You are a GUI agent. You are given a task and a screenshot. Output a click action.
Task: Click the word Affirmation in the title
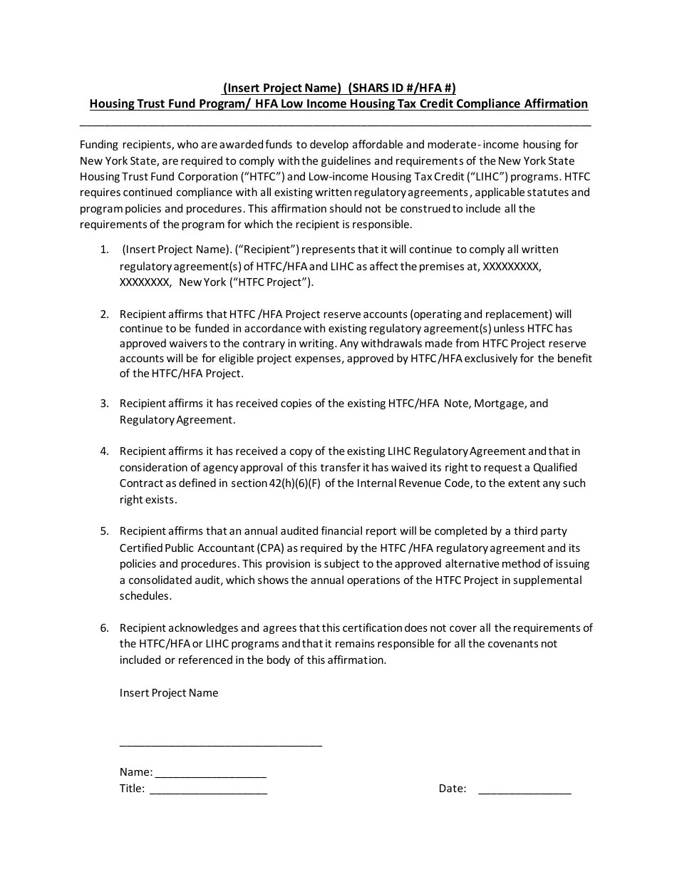(x=556, y=104)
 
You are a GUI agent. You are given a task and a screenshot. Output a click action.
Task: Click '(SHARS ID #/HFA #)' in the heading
(x=401, y=88)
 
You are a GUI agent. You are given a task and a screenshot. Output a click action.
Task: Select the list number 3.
(x=104, y=404)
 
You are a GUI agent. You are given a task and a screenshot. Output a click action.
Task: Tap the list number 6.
(x=104, y=628)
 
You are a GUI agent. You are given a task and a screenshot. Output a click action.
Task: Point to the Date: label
(x=453, y=789)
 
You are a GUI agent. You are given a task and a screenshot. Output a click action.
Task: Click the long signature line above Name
(x=220, y=744)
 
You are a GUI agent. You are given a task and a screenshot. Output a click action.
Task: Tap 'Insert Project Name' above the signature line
(x=169, y=693)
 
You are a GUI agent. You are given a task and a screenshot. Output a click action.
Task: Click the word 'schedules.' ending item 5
(x=145, y=596)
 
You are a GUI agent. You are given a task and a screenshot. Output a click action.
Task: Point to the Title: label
(x=132, y=789)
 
